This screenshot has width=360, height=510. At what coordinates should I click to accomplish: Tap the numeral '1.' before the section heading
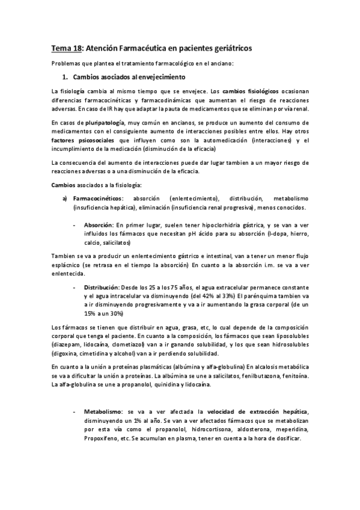[67, 78]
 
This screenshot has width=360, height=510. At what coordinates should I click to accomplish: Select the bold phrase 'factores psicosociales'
[85, 140]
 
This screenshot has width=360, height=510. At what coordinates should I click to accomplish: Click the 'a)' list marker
[66, 198]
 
